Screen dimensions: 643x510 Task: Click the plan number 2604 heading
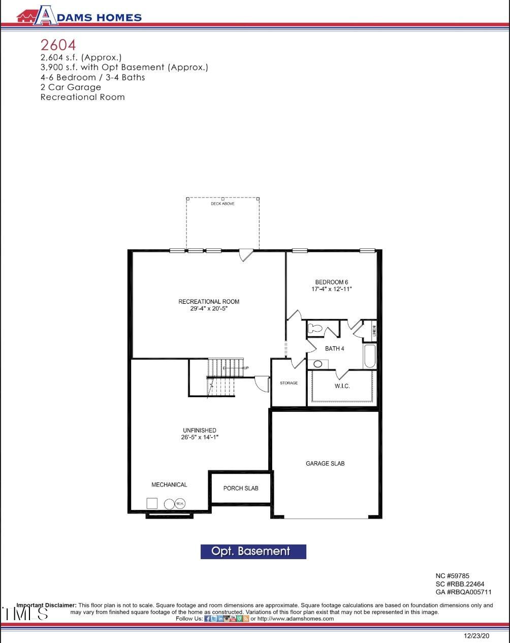pos(58,45)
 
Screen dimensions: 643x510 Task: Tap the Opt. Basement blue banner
pos(253,552)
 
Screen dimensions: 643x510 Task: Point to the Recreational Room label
pos(208,302)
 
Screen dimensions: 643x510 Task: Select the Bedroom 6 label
pos(331,282)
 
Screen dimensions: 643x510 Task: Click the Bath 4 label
pos(334,348)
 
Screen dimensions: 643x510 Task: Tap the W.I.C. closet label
pos(342,386)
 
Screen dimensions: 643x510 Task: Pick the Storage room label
pos(289,383)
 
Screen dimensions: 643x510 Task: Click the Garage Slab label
pos(325,463)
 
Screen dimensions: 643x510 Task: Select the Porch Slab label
pos(241,488)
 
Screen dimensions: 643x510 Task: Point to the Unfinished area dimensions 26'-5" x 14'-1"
pos(200,437)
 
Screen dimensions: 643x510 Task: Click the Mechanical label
pos(169,485)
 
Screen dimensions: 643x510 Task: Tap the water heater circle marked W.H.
pos(180,503)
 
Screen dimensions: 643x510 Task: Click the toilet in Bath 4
pos(315,328)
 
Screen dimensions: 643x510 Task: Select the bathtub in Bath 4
pos(369,356)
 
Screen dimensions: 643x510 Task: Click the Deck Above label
pos(222,204)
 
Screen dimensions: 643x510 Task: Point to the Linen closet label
pos(374,331)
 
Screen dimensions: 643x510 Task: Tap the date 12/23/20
pos(476,635)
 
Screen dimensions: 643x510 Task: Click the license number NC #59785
pos(452,576)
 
